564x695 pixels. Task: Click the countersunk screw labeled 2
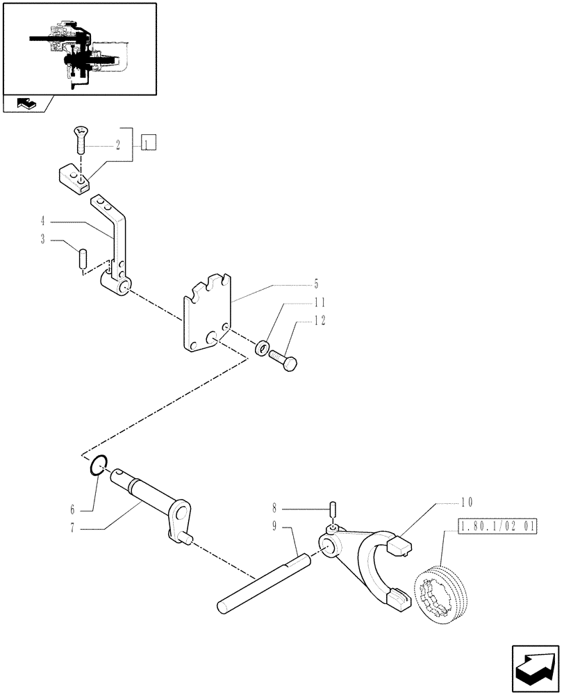click(80, 142)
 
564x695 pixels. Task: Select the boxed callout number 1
click(149, 144)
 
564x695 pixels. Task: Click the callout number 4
click(43, 222)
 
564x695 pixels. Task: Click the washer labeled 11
click(261, 347)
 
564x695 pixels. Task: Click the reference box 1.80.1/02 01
click(497, 528)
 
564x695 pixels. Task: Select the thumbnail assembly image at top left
click(78, 49)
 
